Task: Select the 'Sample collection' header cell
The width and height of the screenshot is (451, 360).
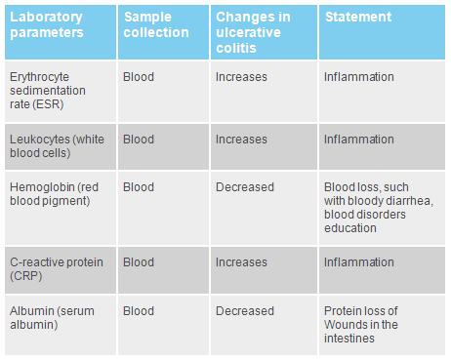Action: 155,24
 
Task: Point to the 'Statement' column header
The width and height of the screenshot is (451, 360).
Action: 357,18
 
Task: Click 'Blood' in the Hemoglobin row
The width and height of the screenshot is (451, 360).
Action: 139,187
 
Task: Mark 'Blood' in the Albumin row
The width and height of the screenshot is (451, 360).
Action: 139,311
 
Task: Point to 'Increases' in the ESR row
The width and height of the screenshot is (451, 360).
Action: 241,76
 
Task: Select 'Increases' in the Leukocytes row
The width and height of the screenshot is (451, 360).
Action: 241,140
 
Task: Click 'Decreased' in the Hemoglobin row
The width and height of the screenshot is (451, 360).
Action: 245,187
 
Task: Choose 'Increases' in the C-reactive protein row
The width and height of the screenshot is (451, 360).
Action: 241,262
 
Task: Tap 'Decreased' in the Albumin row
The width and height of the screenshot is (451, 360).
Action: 245,311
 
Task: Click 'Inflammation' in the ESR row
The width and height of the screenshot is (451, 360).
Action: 359,76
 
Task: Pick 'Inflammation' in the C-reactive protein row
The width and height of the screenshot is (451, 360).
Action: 359,262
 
